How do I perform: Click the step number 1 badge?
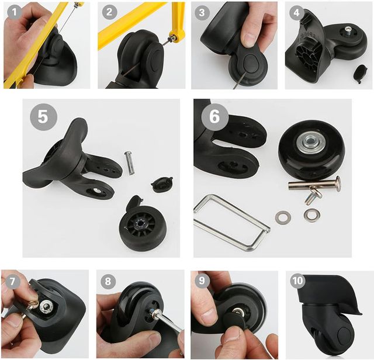[x=14, y=12]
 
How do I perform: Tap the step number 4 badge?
[x=296, y=12]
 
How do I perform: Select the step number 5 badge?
[x=43, y=117]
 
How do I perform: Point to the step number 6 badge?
[x=214, y=117]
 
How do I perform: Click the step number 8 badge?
[x=108, y=282]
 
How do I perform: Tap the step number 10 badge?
[x=297, y=281]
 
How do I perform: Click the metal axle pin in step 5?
[x=129, y=163]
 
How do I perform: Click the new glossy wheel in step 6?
[x=311, y=150]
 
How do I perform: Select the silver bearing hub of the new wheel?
[x=310, y=143]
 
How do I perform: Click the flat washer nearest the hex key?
[x=283, y=217]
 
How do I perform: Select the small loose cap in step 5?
[x=161, y=184]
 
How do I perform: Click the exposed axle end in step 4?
[x=348, y=30]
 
